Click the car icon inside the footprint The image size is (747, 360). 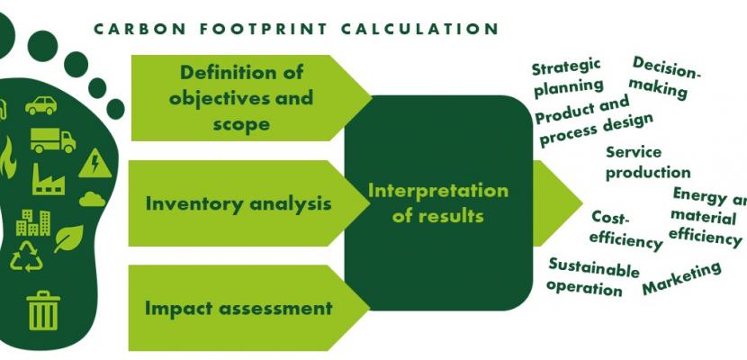(41, 105)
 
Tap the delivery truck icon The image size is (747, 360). (53, 140)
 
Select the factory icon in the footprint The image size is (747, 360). (49, 179)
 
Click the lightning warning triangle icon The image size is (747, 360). (95, 163)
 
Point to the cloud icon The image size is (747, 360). (93, 199)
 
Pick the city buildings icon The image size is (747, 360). (33, 222)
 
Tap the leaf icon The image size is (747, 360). (68, 238)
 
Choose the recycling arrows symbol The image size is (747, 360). (26, 256)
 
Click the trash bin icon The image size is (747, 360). (43, 310)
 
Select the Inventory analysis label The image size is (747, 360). (238, 203)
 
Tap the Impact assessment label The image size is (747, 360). (238, 308)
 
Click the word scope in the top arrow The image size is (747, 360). (241, 124)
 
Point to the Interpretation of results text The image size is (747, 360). (437, 203)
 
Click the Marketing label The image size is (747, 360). (681, 277)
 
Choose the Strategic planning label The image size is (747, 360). (567, 78)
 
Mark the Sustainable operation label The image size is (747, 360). (592, 276)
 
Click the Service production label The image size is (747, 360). (648, 163)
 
